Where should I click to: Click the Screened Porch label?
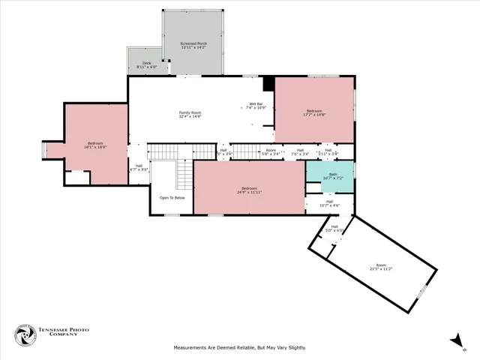click(193, 44)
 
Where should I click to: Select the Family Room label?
click(190, 112)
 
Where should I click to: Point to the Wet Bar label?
click(256, 104)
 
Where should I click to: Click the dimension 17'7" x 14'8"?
click(313, 115)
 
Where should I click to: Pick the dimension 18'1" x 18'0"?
click(95, 147)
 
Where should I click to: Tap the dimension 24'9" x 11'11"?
click(249, 192)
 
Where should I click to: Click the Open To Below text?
click(172, 198)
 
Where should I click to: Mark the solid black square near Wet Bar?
click(268, 82)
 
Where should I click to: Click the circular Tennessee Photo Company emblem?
click(26, 335)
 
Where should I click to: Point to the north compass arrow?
click(457, 342)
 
